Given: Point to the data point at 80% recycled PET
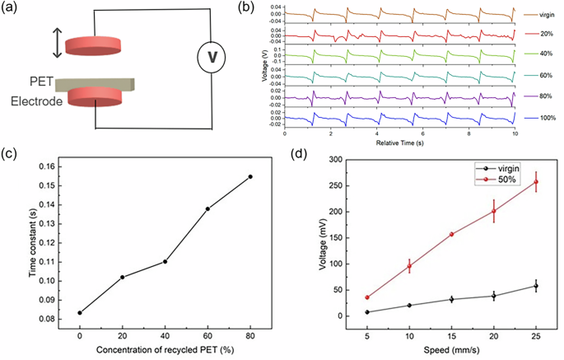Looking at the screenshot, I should click(x=250, y=176).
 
